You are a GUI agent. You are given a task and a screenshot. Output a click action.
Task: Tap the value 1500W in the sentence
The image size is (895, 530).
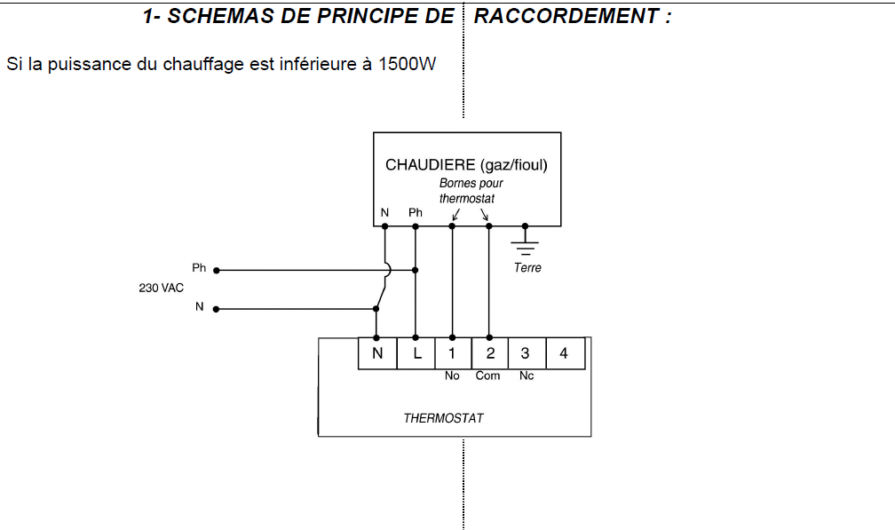tap(408, 65)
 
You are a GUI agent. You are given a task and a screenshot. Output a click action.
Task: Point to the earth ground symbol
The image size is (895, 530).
tap(526, 241)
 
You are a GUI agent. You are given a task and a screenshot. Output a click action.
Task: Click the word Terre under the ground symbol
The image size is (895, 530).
tap(527, 267)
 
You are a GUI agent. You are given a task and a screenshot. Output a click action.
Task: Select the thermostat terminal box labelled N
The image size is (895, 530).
tap(377, 353)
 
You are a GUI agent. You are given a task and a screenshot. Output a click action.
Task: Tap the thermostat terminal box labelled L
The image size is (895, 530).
tap(416, 353)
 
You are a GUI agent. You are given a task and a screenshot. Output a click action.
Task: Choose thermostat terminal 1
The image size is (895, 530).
tap(453, 353)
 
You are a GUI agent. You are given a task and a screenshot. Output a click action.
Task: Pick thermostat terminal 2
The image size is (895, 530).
tap(489, 353)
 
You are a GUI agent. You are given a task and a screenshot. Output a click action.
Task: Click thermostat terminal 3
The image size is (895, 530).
tap(526, 353)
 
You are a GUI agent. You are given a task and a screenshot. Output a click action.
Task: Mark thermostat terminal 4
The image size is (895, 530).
tap(564, 353)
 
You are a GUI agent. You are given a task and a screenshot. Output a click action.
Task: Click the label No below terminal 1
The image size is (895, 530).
tap(452, 376)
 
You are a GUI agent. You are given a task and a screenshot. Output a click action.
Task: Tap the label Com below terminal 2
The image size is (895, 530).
tap(488, 376)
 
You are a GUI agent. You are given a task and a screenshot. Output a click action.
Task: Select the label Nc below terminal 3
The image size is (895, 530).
tap(526, 376)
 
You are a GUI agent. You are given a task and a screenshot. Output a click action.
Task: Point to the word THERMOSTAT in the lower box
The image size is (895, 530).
tap(444, 418)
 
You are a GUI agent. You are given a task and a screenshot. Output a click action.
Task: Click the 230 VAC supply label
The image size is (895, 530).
tap(161, 288)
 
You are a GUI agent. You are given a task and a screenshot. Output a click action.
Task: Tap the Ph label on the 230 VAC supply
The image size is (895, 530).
tap(199, 267)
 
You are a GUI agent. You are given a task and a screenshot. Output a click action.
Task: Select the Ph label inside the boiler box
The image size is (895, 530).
tap(416, 213)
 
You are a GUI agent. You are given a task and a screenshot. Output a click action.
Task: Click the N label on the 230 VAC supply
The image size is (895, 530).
tap(199, 307)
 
